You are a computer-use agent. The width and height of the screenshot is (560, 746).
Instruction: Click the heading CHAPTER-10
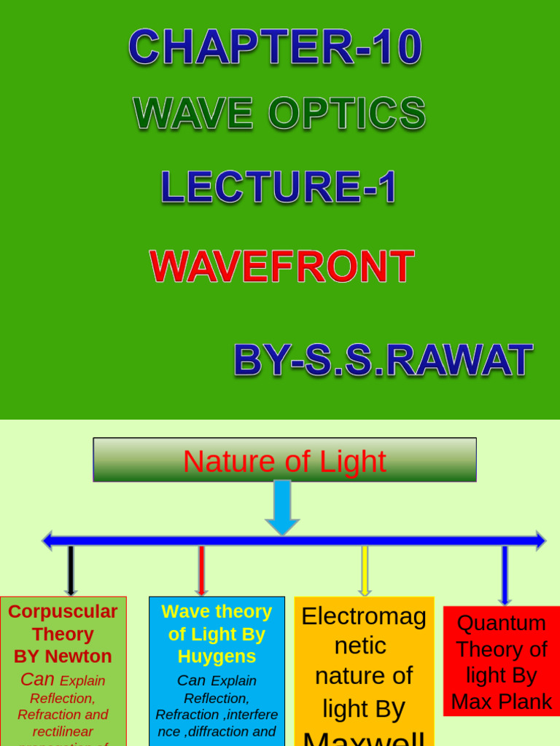(275, 47)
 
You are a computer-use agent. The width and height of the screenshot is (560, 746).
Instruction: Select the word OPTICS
(346, 114)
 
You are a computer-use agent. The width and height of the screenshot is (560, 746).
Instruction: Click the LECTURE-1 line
(279, 186)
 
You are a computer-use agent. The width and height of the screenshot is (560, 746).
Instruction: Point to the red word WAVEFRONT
(281, 267)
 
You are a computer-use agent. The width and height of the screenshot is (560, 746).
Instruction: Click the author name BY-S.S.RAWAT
(382, 360)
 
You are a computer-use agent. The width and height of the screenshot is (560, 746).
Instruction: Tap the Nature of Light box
(284, 460)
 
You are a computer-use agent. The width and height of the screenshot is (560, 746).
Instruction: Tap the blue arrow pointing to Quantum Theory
(505, 575)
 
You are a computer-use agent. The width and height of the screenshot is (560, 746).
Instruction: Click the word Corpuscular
(63, 612)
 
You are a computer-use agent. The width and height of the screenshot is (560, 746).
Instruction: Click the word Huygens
(217, 656)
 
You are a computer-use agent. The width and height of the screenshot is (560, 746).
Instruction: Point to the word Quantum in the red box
(501, 624)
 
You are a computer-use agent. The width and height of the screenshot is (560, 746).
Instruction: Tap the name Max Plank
(501, 702)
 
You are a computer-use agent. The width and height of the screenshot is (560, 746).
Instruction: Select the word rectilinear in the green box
(63, 731)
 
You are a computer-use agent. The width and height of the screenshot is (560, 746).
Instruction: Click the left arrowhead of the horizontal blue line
(47, 541)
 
